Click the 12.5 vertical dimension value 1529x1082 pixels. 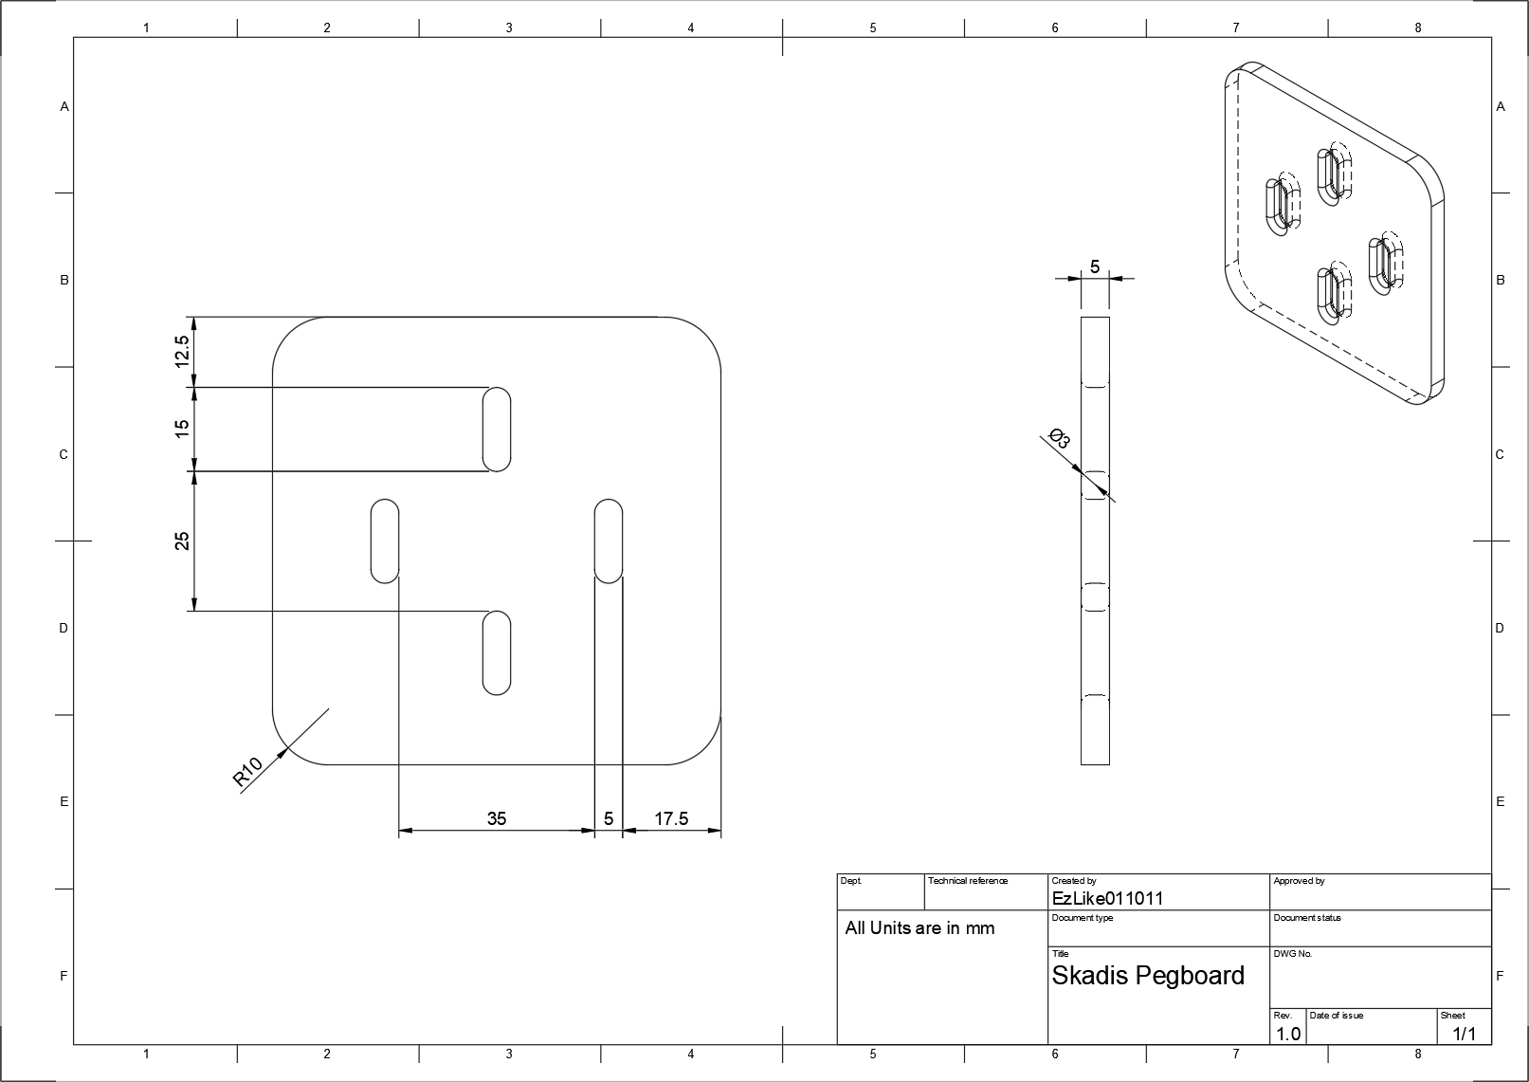tap(182, 352)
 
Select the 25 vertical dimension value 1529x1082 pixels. tap(182, 541)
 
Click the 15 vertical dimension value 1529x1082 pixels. tap(182, 429)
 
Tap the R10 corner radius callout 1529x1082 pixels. tap(246, 773)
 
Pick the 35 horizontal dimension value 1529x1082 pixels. tap(497, 818)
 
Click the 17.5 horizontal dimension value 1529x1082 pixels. tap(671, 818)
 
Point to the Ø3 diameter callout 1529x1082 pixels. tap(1060, 440)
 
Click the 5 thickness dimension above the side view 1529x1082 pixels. tap(1095, 266)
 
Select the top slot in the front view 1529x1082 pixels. tap(497, 429)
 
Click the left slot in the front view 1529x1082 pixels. tap(384, 541)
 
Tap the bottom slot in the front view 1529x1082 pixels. tap(497, 653)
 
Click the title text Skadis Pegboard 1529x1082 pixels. tap(1148, 976)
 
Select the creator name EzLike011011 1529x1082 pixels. tap(1107, 898)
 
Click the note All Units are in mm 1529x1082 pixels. tap(919, 928)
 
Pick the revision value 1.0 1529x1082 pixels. tap(1287, 1034)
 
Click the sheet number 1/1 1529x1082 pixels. tap(1465, 1034)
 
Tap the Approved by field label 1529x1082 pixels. tap(1299, 881)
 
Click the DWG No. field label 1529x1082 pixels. tap(1293, 954)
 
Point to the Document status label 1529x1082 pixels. tap(1307, 918)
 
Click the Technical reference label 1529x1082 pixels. tap(968, 881)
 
